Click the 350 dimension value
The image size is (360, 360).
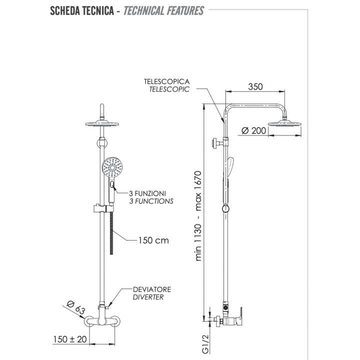coord(254,86)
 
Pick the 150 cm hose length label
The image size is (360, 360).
coord(153,240)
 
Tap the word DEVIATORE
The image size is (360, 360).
coord(152,289)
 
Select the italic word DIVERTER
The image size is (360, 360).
coord(148,297)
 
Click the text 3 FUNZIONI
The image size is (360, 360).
coord(147,193)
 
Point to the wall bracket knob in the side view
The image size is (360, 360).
coord(215,143)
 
